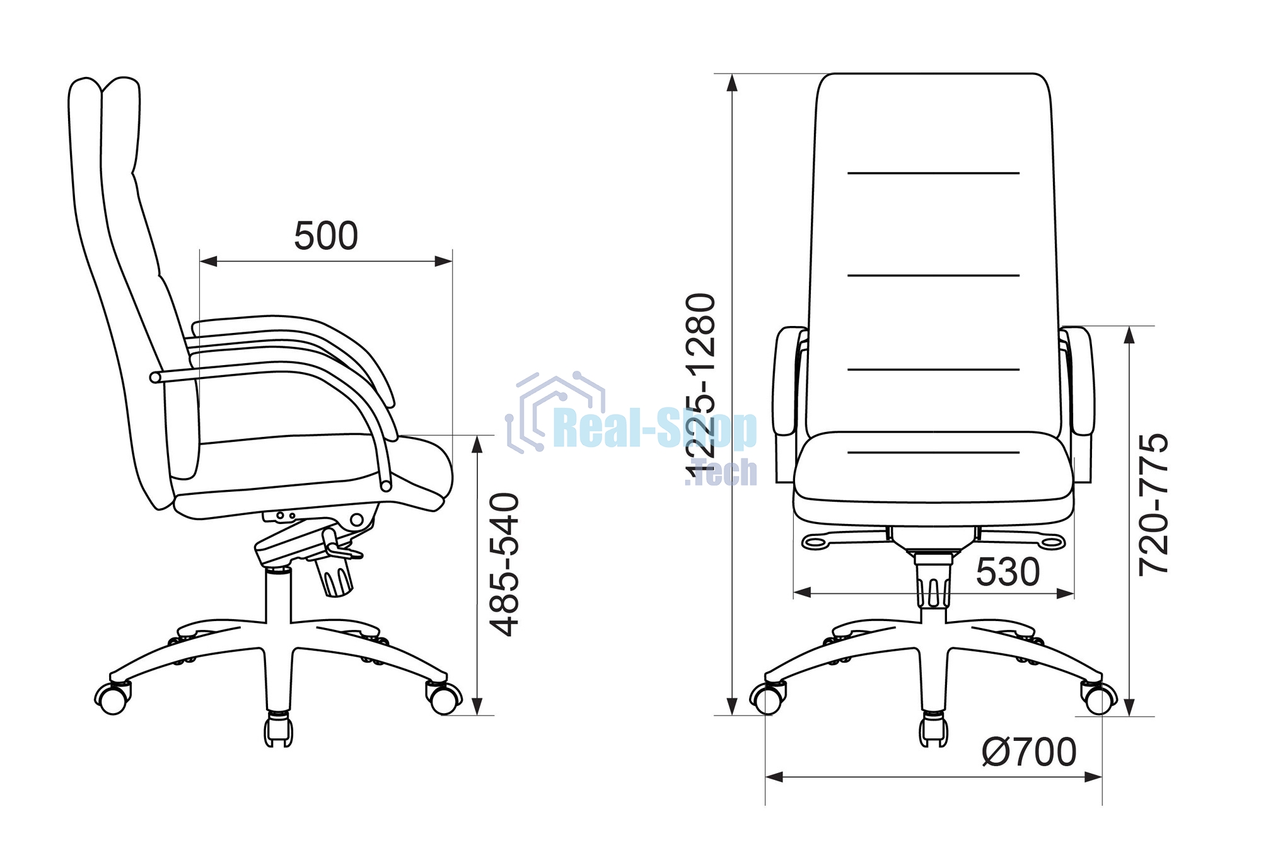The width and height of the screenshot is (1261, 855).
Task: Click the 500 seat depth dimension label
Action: point(326,236)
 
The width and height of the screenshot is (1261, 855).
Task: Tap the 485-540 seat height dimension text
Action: point(505,564)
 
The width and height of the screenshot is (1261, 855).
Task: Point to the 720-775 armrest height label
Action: point(1153,504)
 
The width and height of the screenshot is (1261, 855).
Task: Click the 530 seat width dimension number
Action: point(1008,573)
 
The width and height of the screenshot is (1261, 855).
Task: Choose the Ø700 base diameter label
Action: point(1029,752)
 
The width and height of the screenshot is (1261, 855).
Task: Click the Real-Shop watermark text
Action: point(655,428)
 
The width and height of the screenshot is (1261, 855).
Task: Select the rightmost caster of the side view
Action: point(444,697)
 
